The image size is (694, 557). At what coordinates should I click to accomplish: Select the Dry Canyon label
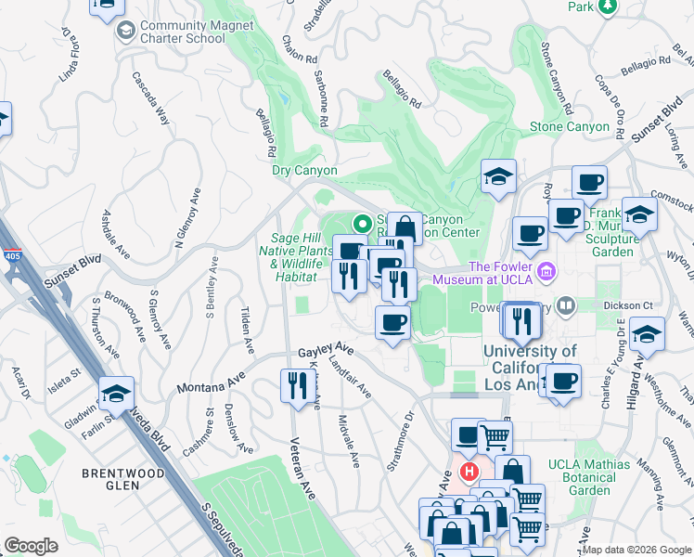304,171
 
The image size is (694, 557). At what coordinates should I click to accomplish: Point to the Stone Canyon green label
569,126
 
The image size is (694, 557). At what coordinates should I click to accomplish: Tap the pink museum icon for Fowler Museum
547,271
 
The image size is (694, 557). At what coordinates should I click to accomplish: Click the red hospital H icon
469,472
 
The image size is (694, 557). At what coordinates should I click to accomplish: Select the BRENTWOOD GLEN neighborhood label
123,473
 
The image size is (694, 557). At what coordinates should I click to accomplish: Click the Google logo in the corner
31,545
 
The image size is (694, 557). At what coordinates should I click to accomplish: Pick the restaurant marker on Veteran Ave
296,385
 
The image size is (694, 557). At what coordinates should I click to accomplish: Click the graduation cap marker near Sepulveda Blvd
117,394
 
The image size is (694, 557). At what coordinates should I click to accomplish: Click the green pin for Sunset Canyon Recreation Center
362,224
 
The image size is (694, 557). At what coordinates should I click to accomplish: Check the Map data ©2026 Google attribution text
636,550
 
